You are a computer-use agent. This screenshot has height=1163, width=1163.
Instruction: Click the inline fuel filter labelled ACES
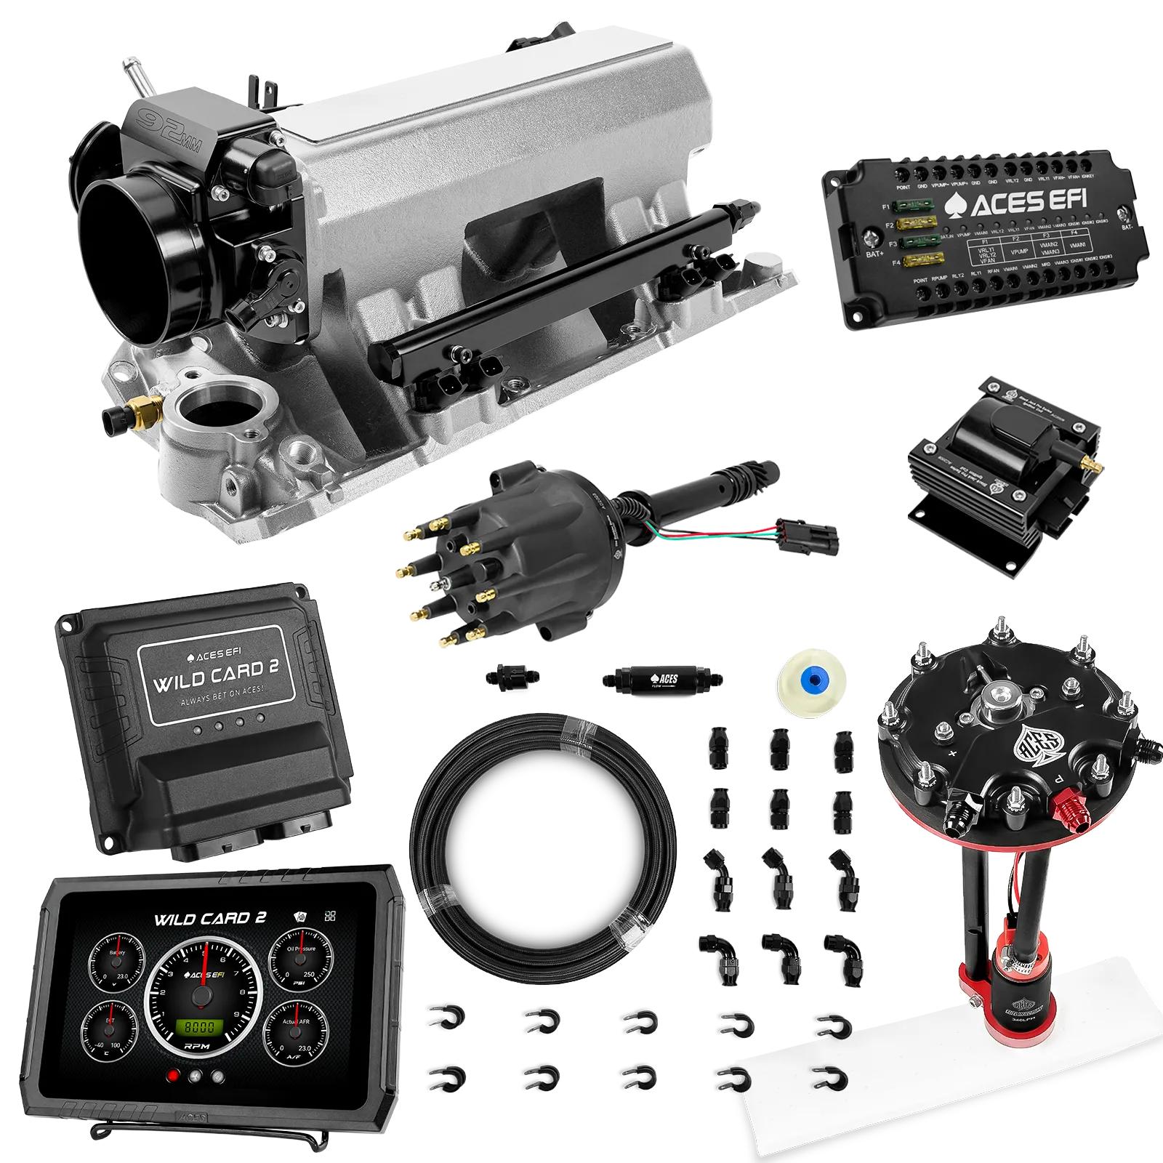pos(661,680)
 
